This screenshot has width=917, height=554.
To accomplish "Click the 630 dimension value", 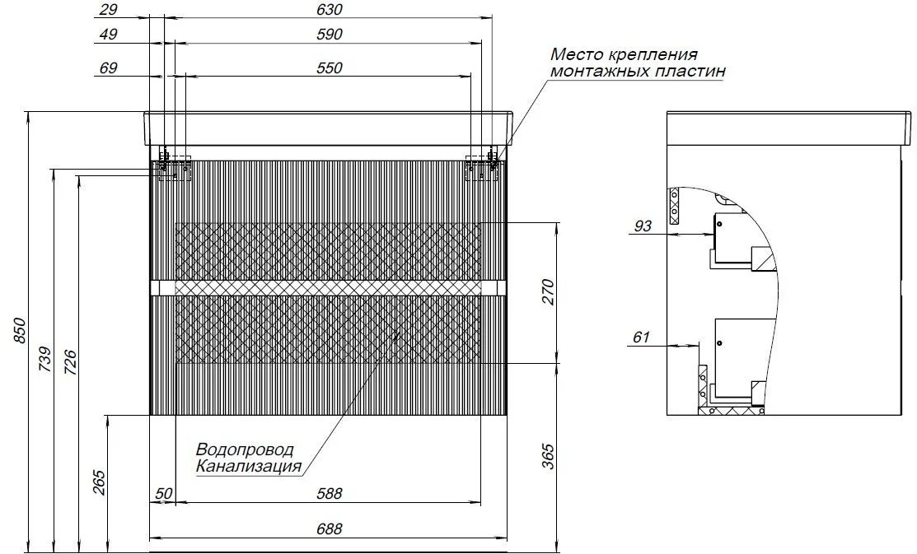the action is pyautogui.click(x=329, y=10).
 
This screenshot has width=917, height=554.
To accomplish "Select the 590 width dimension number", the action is pyautogui.click(x=329, y=35).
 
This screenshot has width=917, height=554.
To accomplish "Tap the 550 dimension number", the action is pyautogui.click(x=329, y=68).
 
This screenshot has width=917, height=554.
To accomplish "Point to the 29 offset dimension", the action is pyautogui.click(x=109, y=10).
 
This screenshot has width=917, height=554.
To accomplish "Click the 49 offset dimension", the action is pyautogui.click(x=109, y=35).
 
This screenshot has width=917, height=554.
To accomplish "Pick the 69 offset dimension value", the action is pyautogui.click(x=109, y=68).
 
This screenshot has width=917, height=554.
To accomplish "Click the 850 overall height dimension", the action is pyautogui.click(x=20, y=331).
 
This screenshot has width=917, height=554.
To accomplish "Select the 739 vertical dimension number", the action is pyautogui.click(x=45, y=360).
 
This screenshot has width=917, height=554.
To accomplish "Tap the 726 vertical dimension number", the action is pyautogui.click(x=69, y=361).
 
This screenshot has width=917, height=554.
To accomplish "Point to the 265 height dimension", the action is pyautogui.click(x=99, y=482).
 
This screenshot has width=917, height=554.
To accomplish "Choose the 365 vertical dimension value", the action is pyautogui.click(x=547, y=456).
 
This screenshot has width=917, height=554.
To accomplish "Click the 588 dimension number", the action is pyautogui.click(x=329, y=494).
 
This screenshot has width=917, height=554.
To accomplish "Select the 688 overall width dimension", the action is pyautogui.click(x=329, y=528).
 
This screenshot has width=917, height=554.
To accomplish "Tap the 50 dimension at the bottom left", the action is pyautogui.click(x=164, y=494).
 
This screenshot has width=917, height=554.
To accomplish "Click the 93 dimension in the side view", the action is pyautogui.click(x=643, y=226).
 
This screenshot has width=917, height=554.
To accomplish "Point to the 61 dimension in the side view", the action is pyautogui.click(x=642, y=338).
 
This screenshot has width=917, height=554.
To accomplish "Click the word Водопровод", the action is pyautogui.click(x=245, y=450).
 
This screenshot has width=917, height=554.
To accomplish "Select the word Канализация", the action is pyautogui.click(x=249, y=467).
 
